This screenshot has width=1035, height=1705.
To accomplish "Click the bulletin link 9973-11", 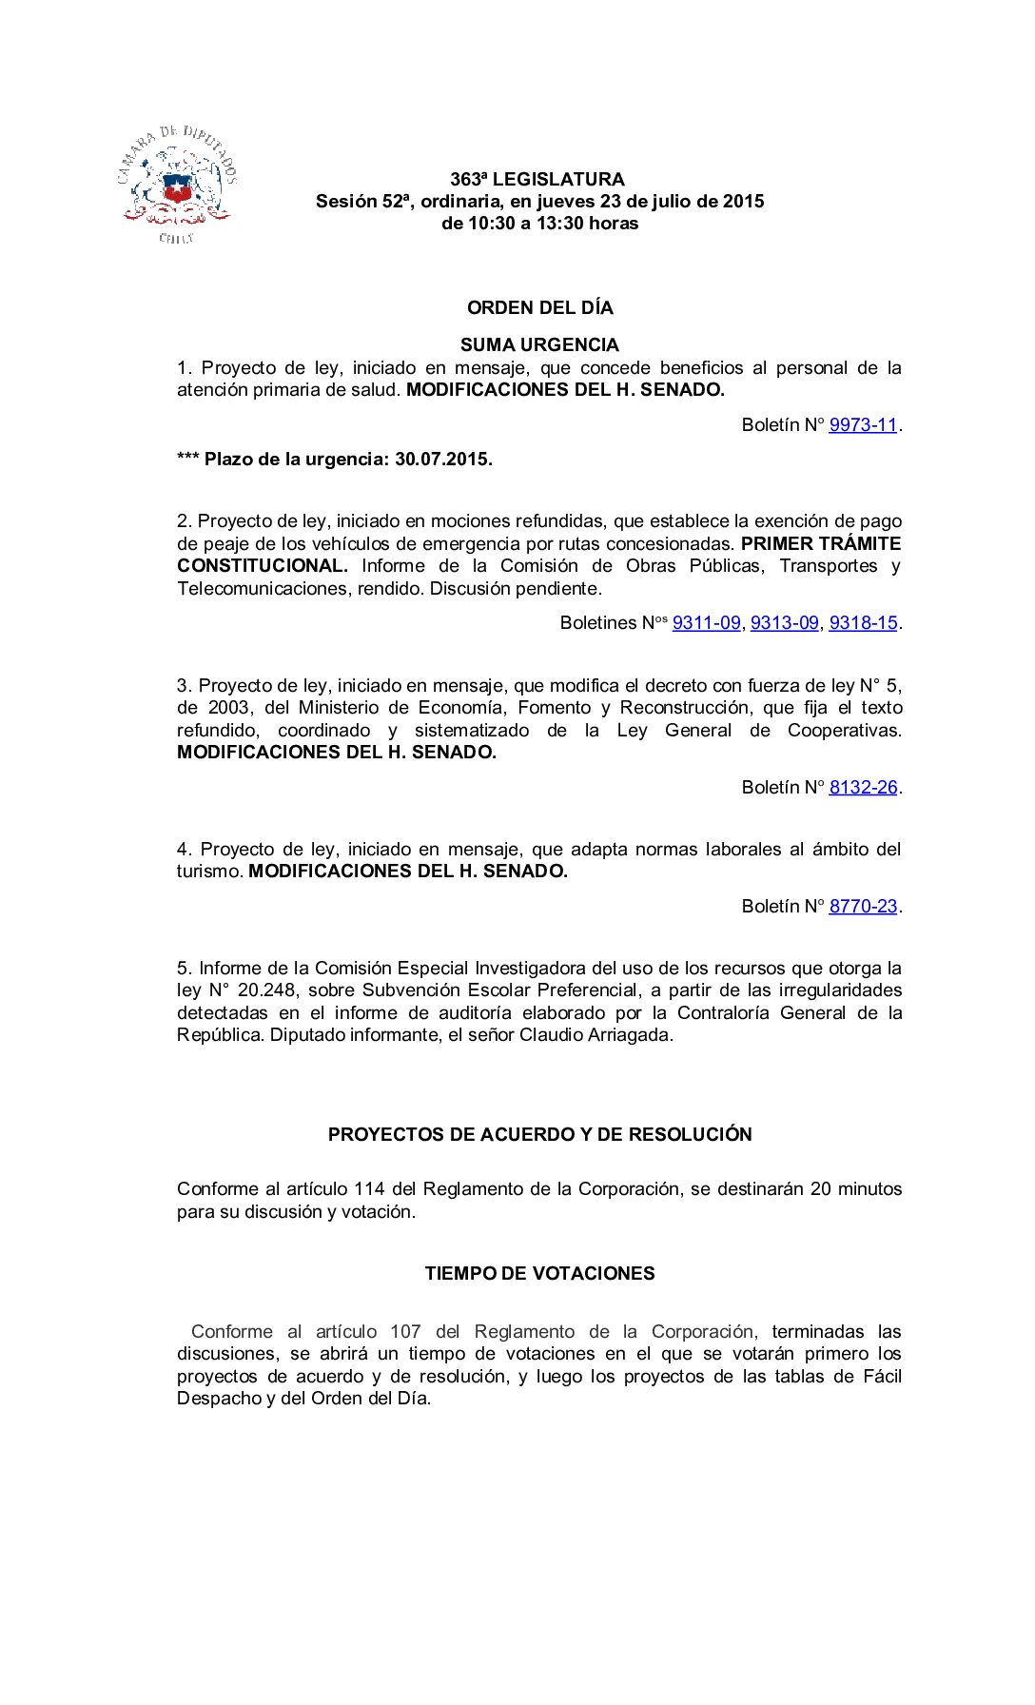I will pos(863,425).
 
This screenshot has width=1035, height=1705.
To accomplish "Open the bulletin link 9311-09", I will pos(706,623).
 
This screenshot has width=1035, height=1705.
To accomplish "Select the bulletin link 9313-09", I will pos(784,623).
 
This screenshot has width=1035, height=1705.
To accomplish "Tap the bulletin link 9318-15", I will pos(863,623).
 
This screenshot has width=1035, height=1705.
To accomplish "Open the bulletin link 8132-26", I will pos(863,788).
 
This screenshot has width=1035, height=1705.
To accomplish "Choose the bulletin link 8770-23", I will pos(863,907).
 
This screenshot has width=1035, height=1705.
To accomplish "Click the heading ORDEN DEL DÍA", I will pos(539,308).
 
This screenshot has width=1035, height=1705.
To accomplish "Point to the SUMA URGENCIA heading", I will pos(539,345).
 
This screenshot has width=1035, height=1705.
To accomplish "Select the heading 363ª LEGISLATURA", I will pos(537,180).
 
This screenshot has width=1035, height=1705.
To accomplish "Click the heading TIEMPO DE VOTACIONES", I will pos(539,1274).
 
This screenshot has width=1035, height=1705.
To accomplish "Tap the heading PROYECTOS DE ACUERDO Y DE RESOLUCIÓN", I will pos(539,1135).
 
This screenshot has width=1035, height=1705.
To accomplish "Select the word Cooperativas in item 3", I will pos(844,731).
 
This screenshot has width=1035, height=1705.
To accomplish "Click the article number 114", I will pos(369,1189).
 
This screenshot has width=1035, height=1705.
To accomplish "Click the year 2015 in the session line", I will pos(743,202).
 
